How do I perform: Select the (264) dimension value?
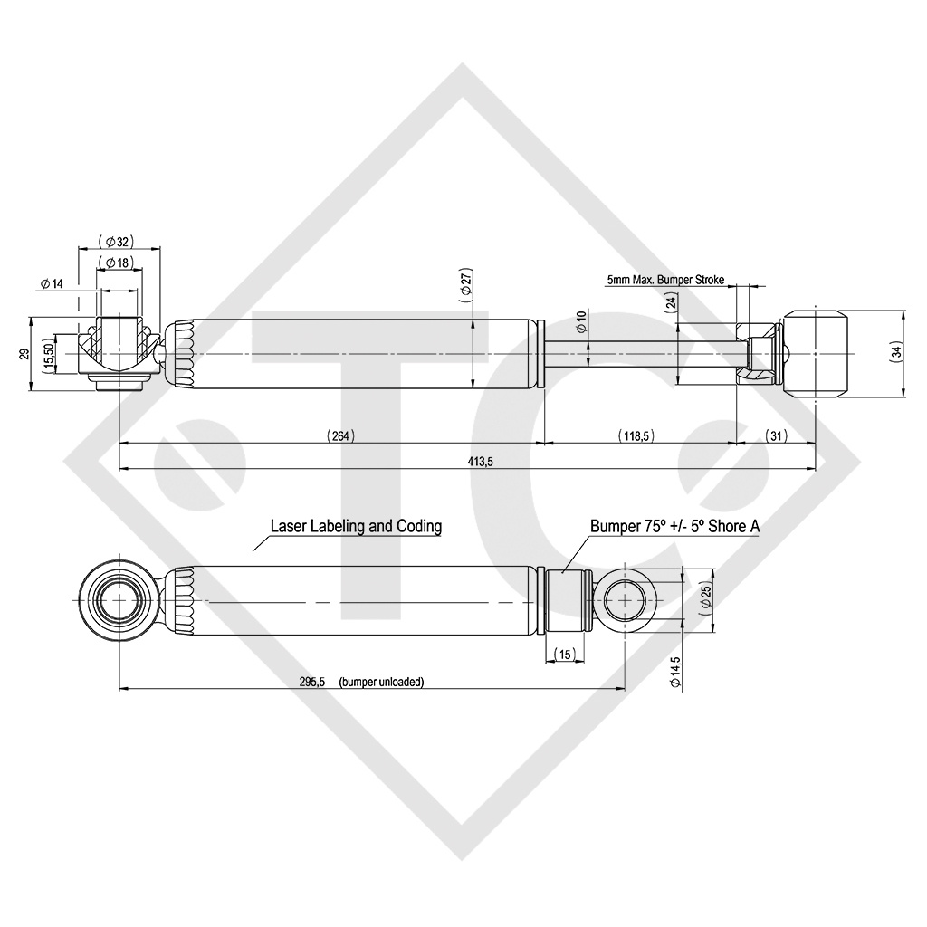[340, 435]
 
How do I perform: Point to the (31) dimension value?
[775, 435]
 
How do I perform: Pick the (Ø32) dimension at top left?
[118, 241]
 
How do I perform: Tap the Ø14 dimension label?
[52, 283]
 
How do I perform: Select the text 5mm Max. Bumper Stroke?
[665, 282]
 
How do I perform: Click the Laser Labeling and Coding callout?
[356, 526]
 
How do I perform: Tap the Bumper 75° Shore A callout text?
[674, 526]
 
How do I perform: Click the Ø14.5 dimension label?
[675, 673]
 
